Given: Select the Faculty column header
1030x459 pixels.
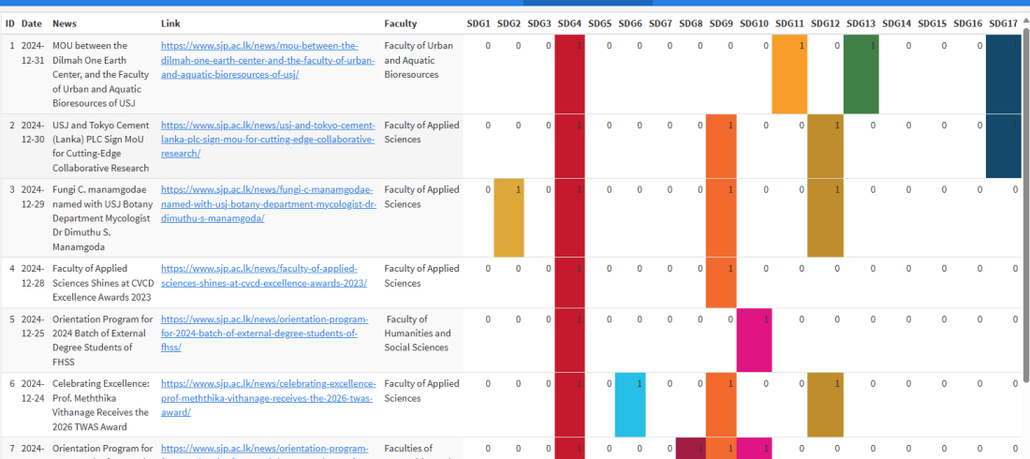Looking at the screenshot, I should coord(401,23).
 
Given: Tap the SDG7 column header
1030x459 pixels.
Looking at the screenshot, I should coord(660,23).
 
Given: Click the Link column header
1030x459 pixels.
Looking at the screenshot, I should coord(170,23).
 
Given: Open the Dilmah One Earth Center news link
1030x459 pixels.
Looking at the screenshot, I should coord(268,60).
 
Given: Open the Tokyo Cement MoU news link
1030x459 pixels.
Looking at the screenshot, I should coord(268,139).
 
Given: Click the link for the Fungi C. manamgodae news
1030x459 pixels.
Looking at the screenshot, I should coord(268,203).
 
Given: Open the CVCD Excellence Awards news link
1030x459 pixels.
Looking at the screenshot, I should coord(268,275).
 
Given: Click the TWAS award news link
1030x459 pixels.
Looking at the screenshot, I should coord(268,397).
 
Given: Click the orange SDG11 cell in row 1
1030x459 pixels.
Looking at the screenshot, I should coord(789,74).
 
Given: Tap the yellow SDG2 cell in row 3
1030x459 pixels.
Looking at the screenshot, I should coord(508,217).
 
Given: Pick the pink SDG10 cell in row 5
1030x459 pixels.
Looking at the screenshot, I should coord(754,340).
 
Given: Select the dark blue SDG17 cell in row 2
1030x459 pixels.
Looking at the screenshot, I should coord(1002,146).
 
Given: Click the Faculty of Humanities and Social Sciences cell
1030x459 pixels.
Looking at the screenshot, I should coord(418,333).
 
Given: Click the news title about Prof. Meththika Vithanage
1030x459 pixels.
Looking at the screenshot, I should coord(101,405).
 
